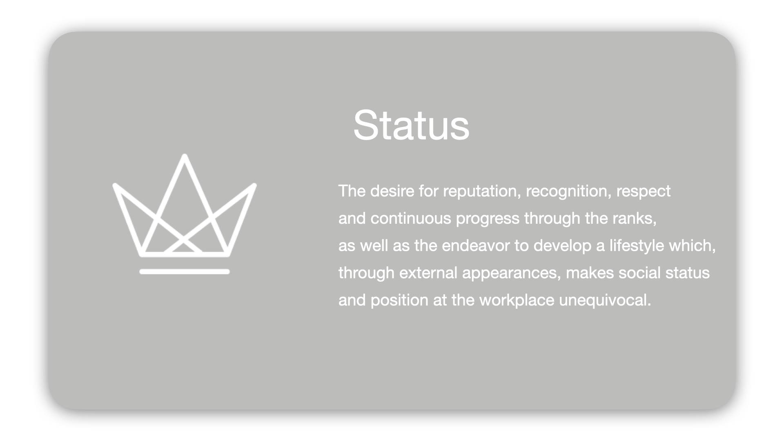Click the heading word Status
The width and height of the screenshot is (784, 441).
coord(411,125)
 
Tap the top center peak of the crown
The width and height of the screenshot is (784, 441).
coord(185,156)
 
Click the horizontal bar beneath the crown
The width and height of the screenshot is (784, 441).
coord(185,272)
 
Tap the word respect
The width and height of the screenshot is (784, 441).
coord(643,191)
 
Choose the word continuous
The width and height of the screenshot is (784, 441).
coord(411,218)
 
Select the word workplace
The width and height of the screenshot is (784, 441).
coord(517,300)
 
